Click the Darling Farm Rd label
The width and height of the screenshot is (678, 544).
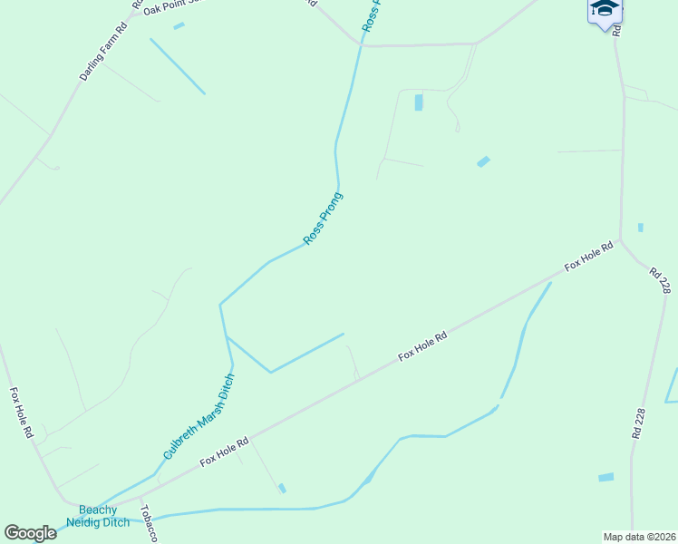coord(102,50)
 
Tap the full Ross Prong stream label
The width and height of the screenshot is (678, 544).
coord(324,218)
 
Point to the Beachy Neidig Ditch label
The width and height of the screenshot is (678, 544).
coord(98,516)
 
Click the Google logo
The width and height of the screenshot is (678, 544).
coord(30,533)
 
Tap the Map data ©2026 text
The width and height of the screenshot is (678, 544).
coord(639,537)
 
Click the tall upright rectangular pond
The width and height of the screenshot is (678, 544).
coord(419,102)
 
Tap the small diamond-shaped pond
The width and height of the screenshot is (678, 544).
coord(483,161)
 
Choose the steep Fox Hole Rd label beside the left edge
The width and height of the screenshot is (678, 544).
coord(21,413)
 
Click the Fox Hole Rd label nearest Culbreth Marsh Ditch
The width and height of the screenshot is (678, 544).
coord(225,451)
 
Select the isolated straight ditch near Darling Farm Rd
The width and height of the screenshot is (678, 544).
coord(178,66)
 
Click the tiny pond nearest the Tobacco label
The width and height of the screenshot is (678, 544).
coord(283,489)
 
